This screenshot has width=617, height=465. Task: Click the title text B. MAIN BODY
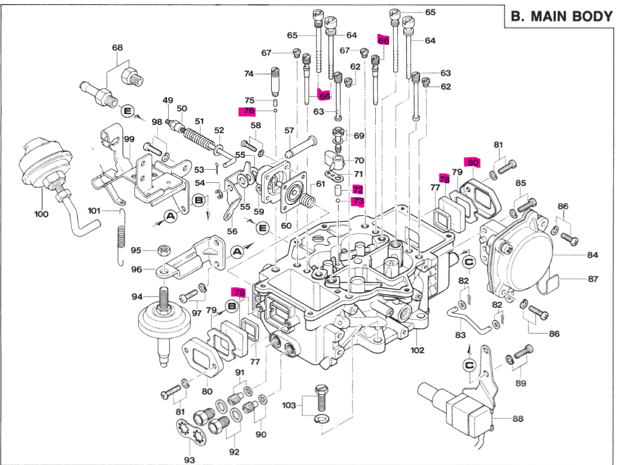[561, 17]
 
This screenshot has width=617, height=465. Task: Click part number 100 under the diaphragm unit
[41, 213]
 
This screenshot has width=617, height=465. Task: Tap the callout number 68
[117, 47]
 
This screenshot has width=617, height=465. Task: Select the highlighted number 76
[248, 111]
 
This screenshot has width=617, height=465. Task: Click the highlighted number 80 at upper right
[473, 163]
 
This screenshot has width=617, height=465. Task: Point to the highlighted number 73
[358, 201]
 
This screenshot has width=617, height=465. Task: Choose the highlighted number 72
[358, 189]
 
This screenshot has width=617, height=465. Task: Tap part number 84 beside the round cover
[592, 255]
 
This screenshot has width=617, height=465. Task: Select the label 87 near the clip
[592, 279]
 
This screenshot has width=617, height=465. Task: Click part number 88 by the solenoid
[518, 419]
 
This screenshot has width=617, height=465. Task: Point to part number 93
[189, 460]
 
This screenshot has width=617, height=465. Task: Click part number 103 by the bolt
[289, 405]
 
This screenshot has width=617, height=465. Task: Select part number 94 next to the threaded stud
[137, 296]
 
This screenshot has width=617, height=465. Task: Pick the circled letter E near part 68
[126, 111]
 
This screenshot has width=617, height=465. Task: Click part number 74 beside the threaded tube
[248, 74]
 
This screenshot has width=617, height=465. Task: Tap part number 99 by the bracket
[129, 139]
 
